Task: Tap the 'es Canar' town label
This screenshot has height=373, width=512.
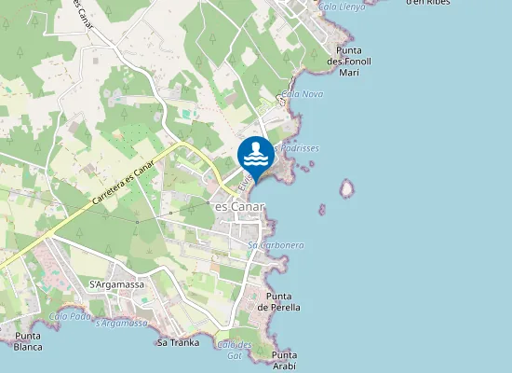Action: coord(240,205)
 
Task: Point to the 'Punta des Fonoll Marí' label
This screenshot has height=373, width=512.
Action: coord(349,61)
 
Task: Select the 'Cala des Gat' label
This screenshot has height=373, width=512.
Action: coord(234,350)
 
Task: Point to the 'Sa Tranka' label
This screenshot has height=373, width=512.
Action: coord(174,342)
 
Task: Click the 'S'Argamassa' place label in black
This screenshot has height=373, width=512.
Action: coord(107,283)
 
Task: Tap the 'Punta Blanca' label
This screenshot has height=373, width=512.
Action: coord(28,341)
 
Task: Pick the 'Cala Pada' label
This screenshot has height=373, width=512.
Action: coord(70,316)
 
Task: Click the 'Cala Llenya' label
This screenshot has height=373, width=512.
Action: coord(342,6)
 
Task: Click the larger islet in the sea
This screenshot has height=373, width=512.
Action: coord(347,189)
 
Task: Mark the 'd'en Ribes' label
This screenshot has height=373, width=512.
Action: coord(428,3)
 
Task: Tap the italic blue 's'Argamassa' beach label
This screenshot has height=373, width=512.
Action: coord(122,323)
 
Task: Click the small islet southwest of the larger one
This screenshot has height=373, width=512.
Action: coord(322,210)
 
